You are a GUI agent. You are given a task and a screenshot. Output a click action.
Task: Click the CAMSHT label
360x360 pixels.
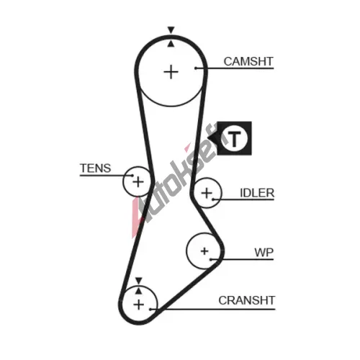point(248,61)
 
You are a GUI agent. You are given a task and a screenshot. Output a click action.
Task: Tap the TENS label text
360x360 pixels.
point(95,168)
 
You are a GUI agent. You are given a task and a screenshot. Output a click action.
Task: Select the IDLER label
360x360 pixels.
point(257,193)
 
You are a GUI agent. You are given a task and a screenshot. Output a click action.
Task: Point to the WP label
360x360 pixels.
point(264,253)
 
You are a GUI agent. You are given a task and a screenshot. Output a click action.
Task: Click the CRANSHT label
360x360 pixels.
point(247,300)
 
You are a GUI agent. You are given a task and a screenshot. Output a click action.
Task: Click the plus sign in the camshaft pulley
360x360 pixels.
point(171,72)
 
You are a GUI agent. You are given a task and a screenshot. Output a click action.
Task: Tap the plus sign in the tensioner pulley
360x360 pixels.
point(138,181)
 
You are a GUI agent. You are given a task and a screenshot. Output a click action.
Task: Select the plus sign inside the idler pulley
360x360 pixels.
point(207,193)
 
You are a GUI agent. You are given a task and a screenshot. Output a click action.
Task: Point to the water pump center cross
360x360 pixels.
point(204,251)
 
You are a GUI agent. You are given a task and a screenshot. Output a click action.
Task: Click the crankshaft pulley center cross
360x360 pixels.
point(139,305)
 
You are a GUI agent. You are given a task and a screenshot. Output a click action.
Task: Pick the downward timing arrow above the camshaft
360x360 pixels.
point(171,30)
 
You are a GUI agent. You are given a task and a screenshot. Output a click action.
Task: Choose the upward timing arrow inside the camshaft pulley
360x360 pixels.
point(171,44)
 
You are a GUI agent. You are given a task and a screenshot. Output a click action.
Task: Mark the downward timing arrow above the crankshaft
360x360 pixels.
point(139,281)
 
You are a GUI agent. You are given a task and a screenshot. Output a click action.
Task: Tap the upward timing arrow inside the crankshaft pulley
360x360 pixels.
point(138,291)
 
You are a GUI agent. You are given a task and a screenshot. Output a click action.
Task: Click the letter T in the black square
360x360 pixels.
point(234,139)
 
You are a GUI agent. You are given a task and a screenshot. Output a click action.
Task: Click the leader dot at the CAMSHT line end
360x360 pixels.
point(196,68)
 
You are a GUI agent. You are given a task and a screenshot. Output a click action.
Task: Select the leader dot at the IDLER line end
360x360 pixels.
point(213,199)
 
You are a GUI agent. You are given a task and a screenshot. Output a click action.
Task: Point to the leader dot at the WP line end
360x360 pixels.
point(211,259)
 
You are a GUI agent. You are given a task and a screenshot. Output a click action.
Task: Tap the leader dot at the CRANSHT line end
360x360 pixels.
point(150,309)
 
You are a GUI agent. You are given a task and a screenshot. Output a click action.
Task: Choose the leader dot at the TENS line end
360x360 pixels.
point(132,176)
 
